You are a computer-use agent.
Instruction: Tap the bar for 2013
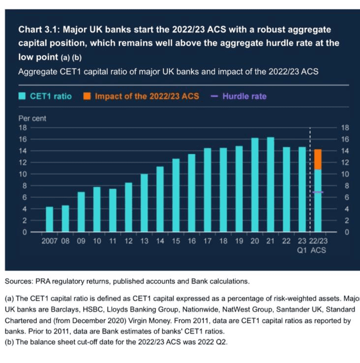(144, 203)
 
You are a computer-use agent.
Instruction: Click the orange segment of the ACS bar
(318, 159)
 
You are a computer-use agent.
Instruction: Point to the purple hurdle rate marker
(318, 192)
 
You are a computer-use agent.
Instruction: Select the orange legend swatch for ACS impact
(87, 96)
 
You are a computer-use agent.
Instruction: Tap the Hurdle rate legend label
(244, 96)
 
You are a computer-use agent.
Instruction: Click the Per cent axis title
(32, 118)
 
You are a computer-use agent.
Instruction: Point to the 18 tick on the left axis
(23, 128)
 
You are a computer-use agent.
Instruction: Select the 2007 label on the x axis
(49, 241)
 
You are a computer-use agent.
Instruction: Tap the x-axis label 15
(176, 241)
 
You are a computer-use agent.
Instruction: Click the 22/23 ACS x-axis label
(319, 246)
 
